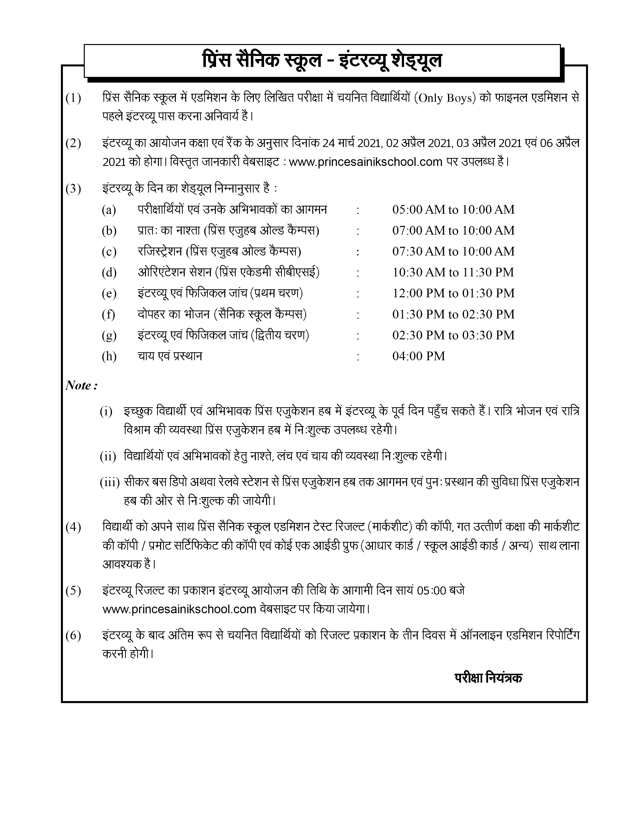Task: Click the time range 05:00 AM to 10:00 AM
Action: pos(453,209)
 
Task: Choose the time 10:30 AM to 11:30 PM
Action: pos(453,272)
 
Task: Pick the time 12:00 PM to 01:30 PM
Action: pos(453,293)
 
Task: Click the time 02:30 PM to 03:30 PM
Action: pos(453,335)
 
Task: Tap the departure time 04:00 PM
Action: pos(418,356)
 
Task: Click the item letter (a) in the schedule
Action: pos(109,210)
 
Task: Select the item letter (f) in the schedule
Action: pos(108,314)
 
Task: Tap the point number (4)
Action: pos(73,527)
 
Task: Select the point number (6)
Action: pos(73,636)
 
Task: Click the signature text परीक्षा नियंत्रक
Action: pos(488,677)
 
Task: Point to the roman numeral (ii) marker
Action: pos(108,457)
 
